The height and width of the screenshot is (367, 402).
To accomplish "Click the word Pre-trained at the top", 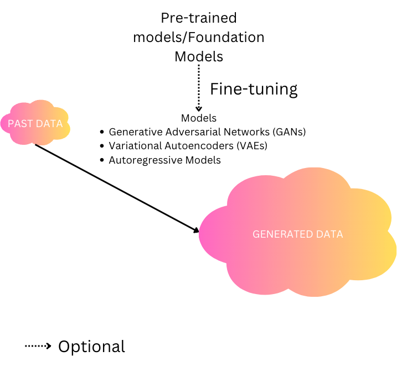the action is tap(199, 18).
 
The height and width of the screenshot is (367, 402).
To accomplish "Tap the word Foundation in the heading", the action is tap(226, 37).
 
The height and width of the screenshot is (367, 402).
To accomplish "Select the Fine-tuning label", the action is tap(254, 90).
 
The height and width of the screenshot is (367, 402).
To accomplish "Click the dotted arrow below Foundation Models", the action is tap(199, 88).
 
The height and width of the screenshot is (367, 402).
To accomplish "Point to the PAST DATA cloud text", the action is tap(35, 124).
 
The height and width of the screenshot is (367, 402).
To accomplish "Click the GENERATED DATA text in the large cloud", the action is tap(298, 234).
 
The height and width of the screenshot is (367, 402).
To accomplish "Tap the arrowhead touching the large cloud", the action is tap(196, 230).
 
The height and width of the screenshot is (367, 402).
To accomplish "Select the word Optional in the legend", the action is tap(91, 347).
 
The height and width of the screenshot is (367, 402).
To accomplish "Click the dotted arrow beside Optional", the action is tap(38, 346).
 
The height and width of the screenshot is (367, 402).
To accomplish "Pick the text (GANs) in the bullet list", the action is tap(289, 132).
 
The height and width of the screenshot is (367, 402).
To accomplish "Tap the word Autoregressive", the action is tap(146, 160).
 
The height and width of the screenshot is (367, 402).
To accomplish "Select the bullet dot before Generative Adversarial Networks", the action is tap(102, 132).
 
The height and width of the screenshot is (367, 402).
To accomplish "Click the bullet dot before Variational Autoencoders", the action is tap(102, 146).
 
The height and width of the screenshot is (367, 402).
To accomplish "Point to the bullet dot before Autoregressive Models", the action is tap(102, 160).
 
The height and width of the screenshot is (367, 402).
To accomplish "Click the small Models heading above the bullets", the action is tap(199, 118).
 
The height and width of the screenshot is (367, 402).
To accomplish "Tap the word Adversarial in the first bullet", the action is tap(193, 132).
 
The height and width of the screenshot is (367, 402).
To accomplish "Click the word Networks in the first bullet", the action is tap(246, 132).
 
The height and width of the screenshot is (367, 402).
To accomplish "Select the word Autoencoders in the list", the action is tap(199, 146).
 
